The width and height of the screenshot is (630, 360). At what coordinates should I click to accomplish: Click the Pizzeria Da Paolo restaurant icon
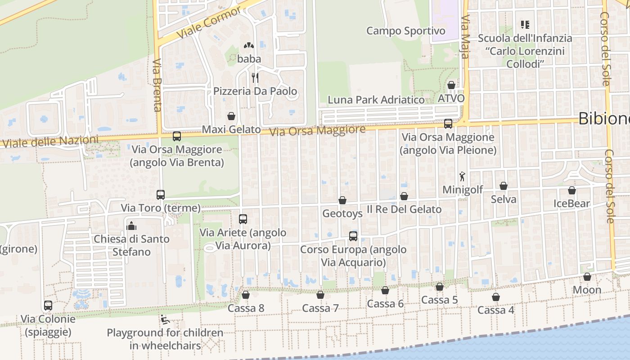[x=255, y=77]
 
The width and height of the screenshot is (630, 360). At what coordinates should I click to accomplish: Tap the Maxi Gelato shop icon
[x=231, y=116]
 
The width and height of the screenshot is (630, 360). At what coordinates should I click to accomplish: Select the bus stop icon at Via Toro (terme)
[x=161, y=195]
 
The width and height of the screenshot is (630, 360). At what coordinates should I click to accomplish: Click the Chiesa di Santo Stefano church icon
[x=131, y=225]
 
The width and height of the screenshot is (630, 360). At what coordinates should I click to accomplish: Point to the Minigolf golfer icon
[x=462, y=176]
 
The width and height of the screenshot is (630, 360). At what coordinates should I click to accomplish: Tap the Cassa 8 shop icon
[x=246, y=295]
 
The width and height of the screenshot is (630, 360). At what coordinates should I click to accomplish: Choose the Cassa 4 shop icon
[x=495, y=297]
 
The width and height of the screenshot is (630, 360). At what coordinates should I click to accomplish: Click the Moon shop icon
[x=587, y=276]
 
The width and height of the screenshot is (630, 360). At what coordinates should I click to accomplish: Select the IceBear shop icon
[x=571, y=190]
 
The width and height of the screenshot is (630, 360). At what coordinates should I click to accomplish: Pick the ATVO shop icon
[x=451, y=85]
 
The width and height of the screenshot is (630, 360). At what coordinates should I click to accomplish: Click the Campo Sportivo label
[x=405, y=31]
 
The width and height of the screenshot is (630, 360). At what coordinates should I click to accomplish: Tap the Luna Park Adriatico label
[x=376, y=100]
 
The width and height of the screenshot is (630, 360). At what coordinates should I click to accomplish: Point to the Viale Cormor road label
[x=209, y=22]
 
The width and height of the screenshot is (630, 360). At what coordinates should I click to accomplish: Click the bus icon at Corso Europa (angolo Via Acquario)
[x=353, y=236]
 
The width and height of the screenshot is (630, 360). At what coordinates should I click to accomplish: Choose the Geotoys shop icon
[x=342, y=200]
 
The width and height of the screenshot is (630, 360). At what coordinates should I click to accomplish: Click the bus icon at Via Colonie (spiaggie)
[x=48, y=306]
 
